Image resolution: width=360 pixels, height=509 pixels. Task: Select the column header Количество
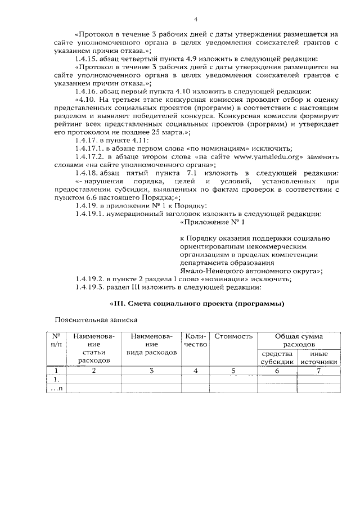coord(196,340)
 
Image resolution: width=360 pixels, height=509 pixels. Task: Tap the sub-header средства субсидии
coord(277,357)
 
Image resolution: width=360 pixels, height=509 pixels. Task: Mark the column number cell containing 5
coord(233,371)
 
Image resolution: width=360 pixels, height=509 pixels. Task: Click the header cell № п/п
coord(55,340)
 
